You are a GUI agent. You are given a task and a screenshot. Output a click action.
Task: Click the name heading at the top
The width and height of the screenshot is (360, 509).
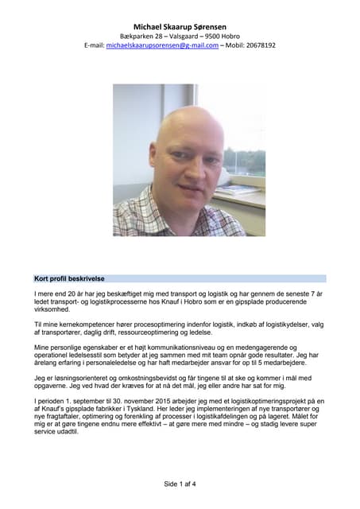[x=180, y=26]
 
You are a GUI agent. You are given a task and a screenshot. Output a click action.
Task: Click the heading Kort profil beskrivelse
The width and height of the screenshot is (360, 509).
[x=70, y=279]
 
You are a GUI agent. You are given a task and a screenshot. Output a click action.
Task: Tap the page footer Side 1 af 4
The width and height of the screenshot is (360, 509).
[x=180, y=484]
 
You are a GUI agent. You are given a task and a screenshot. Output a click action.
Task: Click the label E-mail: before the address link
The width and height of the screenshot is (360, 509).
[x=94, y=46]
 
